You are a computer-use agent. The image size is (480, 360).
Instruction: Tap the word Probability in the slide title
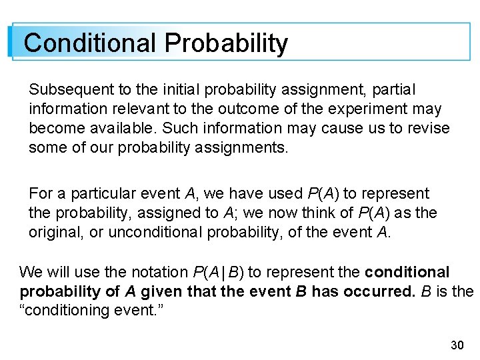227,44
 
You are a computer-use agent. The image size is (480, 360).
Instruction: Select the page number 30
457,345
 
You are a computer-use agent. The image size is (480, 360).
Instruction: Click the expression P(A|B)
218,272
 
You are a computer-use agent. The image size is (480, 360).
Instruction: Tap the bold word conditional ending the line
407,272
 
